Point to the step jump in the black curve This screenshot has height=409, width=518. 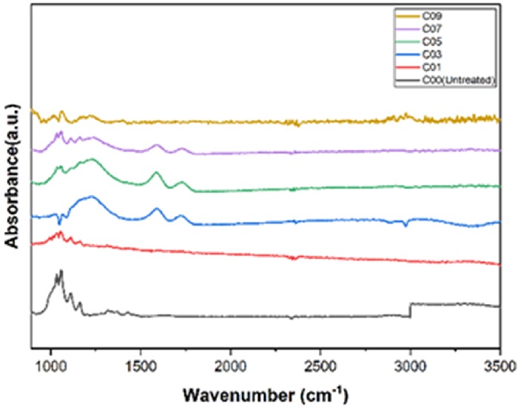[410, 310]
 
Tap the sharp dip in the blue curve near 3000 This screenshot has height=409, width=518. [406, 225]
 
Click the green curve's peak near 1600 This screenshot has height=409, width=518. [156, 172]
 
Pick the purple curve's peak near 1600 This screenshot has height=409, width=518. [156, 146]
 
